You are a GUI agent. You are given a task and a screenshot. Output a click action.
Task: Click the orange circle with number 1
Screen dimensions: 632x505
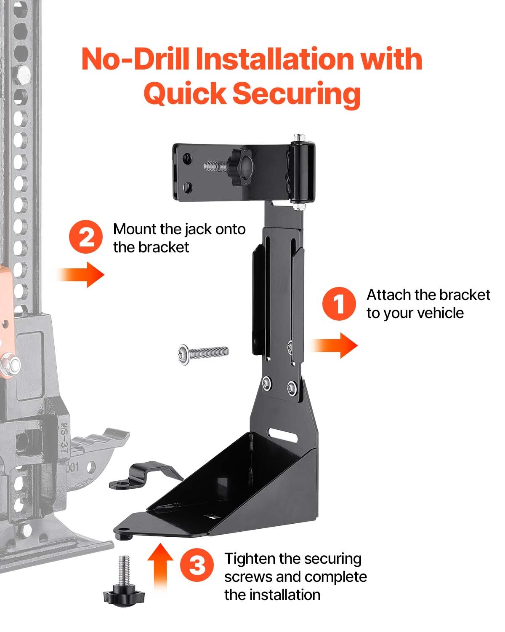339,303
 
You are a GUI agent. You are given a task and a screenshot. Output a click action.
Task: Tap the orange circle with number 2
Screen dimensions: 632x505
86,238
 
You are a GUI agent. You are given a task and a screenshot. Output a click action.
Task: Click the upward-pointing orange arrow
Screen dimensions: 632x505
160,565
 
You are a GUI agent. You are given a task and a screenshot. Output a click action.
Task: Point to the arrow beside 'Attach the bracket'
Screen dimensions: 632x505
335,345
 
